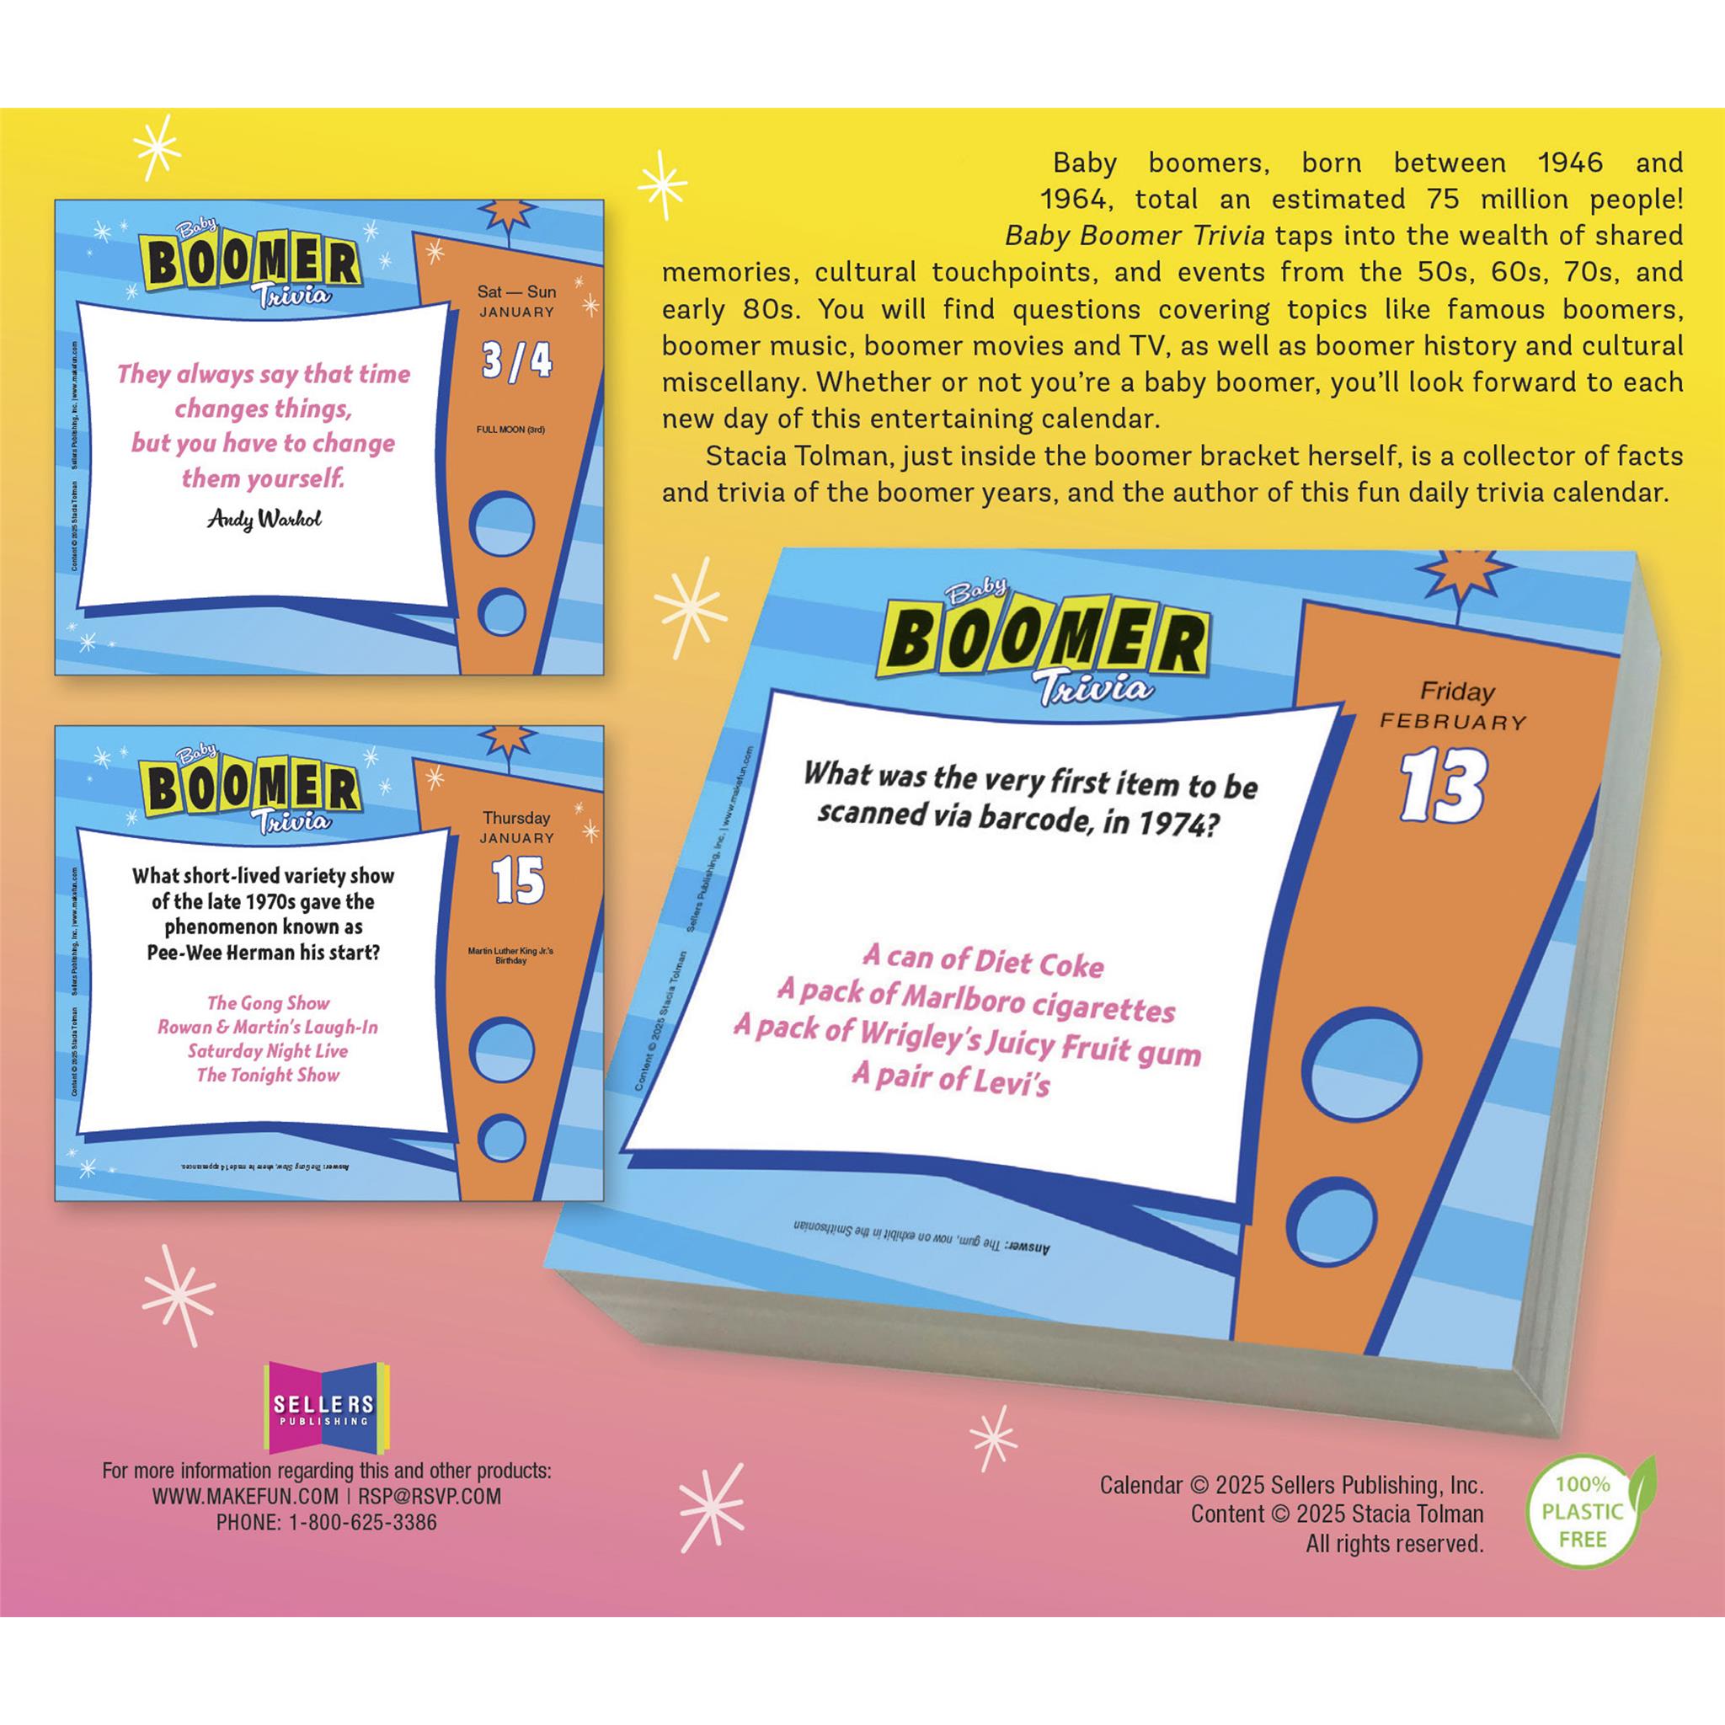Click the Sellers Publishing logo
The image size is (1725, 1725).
tap(324, 1408)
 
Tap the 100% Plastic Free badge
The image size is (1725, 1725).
tap(1582, 1512)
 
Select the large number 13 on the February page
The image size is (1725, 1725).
tap(1441, 786)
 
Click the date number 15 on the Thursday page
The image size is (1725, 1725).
tap(518, 880)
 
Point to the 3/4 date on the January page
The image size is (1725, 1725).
tap(516, 360)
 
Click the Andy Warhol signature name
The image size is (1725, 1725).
tap(264, 519)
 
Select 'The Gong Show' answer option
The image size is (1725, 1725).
tap(268, 1002)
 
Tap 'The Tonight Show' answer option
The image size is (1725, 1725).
tap(268, 1075)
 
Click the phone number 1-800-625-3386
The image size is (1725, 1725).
tap(361, 1522)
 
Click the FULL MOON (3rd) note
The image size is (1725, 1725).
tap(510, 430)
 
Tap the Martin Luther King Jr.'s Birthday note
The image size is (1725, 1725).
tap(510, 955)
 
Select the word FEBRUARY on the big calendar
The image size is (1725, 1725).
tap(1453, 722)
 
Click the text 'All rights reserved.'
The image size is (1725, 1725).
tap(1394, 1544)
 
